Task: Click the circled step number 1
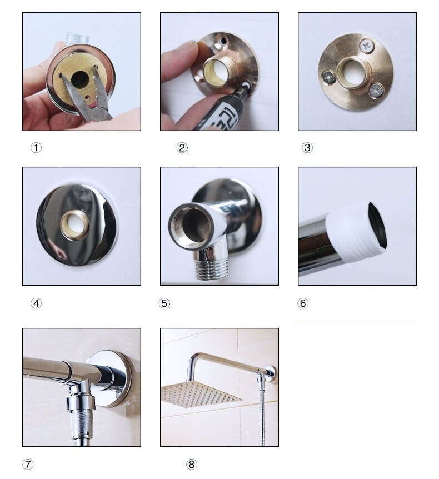(36, 148)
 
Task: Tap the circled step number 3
(307, 148)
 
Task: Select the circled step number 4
(36, 303)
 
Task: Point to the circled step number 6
(303, 303)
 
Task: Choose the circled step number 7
(28, 465)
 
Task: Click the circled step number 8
(192, 465)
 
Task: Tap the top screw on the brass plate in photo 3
(367, 46)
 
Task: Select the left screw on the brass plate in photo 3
(329, 77)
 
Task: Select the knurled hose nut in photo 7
(81, 422)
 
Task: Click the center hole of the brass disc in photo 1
(79, 80)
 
